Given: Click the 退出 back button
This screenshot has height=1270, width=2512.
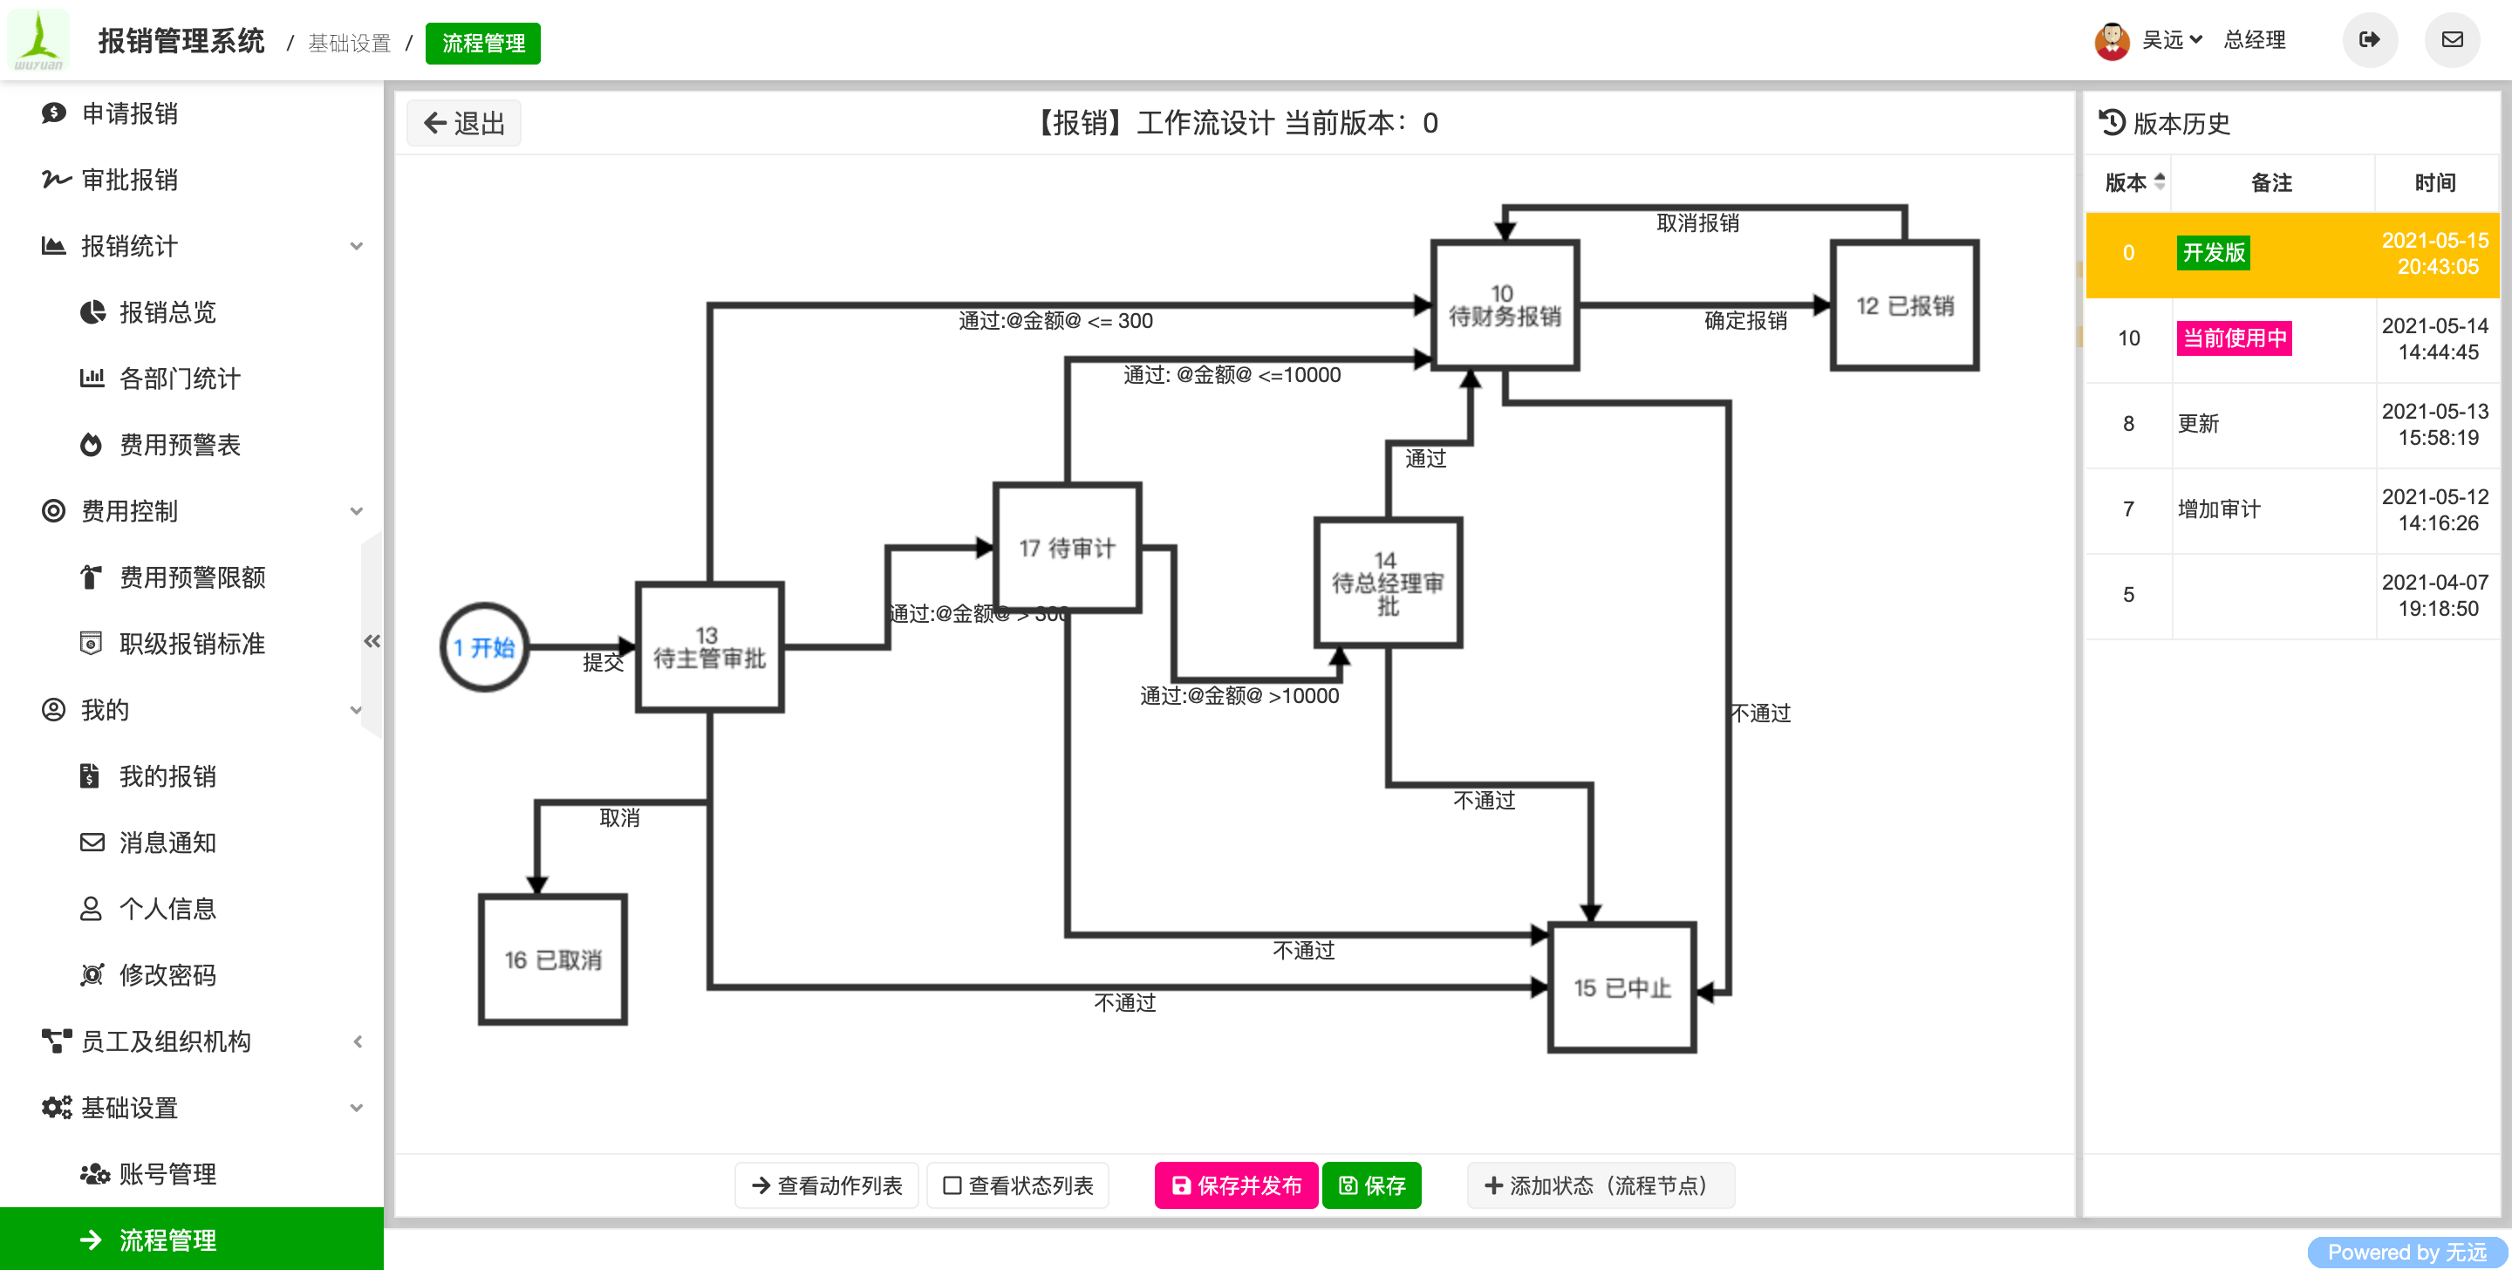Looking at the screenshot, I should pos(464,123).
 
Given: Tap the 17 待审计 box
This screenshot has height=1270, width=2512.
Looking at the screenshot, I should pos(1067,548).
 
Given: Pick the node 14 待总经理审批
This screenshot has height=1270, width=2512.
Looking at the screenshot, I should pos(1388,584).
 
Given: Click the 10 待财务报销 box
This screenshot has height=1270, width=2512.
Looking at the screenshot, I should pos(1505,305).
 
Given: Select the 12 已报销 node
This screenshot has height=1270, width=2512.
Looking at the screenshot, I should pos(1904,305).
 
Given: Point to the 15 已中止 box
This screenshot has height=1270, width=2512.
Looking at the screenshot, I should pos(1621,987).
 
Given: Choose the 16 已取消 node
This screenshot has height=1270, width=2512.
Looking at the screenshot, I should pos(553,959).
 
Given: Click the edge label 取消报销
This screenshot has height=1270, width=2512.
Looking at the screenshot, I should pos(1697,223).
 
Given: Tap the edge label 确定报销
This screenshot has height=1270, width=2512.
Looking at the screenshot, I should pos(1745,321).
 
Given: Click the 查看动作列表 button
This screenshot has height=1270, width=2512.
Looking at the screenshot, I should pos(827,1185).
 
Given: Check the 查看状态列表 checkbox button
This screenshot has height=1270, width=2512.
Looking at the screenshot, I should pos(1018,1185).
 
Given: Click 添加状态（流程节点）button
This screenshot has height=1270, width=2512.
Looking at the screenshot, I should pos(1601,1185).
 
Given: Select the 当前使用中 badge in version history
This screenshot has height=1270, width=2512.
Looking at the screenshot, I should pos(2234,338).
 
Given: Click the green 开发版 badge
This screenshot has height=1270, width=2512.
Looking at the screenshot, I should pos(2214,253).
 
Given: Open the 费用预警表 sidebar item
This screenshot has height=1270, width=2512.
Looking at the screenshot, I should pos(180,445).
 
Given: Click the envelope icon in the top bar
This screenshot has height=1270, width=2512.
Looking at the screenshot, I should pos(2452,40).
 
